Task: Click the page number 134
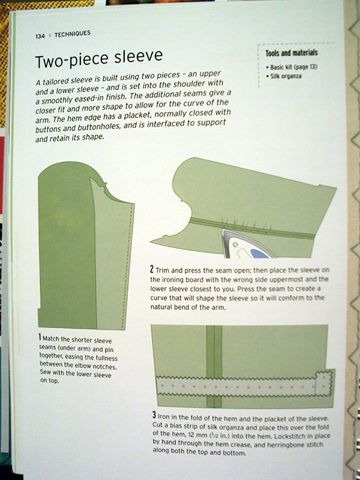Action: point(40,36)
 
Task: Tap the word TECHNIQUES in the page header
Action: point(73,34)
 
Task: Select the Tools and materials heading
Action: point(292,53)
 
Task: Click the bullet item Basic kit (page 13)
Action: point(292,67)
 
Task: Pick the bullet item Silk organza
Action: point(284,76)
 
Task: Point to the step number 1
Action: point(40,337)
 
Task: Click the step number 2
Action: point(152,269)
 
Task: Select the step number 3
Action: point(154,415)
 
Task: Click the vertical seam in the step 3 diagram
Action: point(214,366)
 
